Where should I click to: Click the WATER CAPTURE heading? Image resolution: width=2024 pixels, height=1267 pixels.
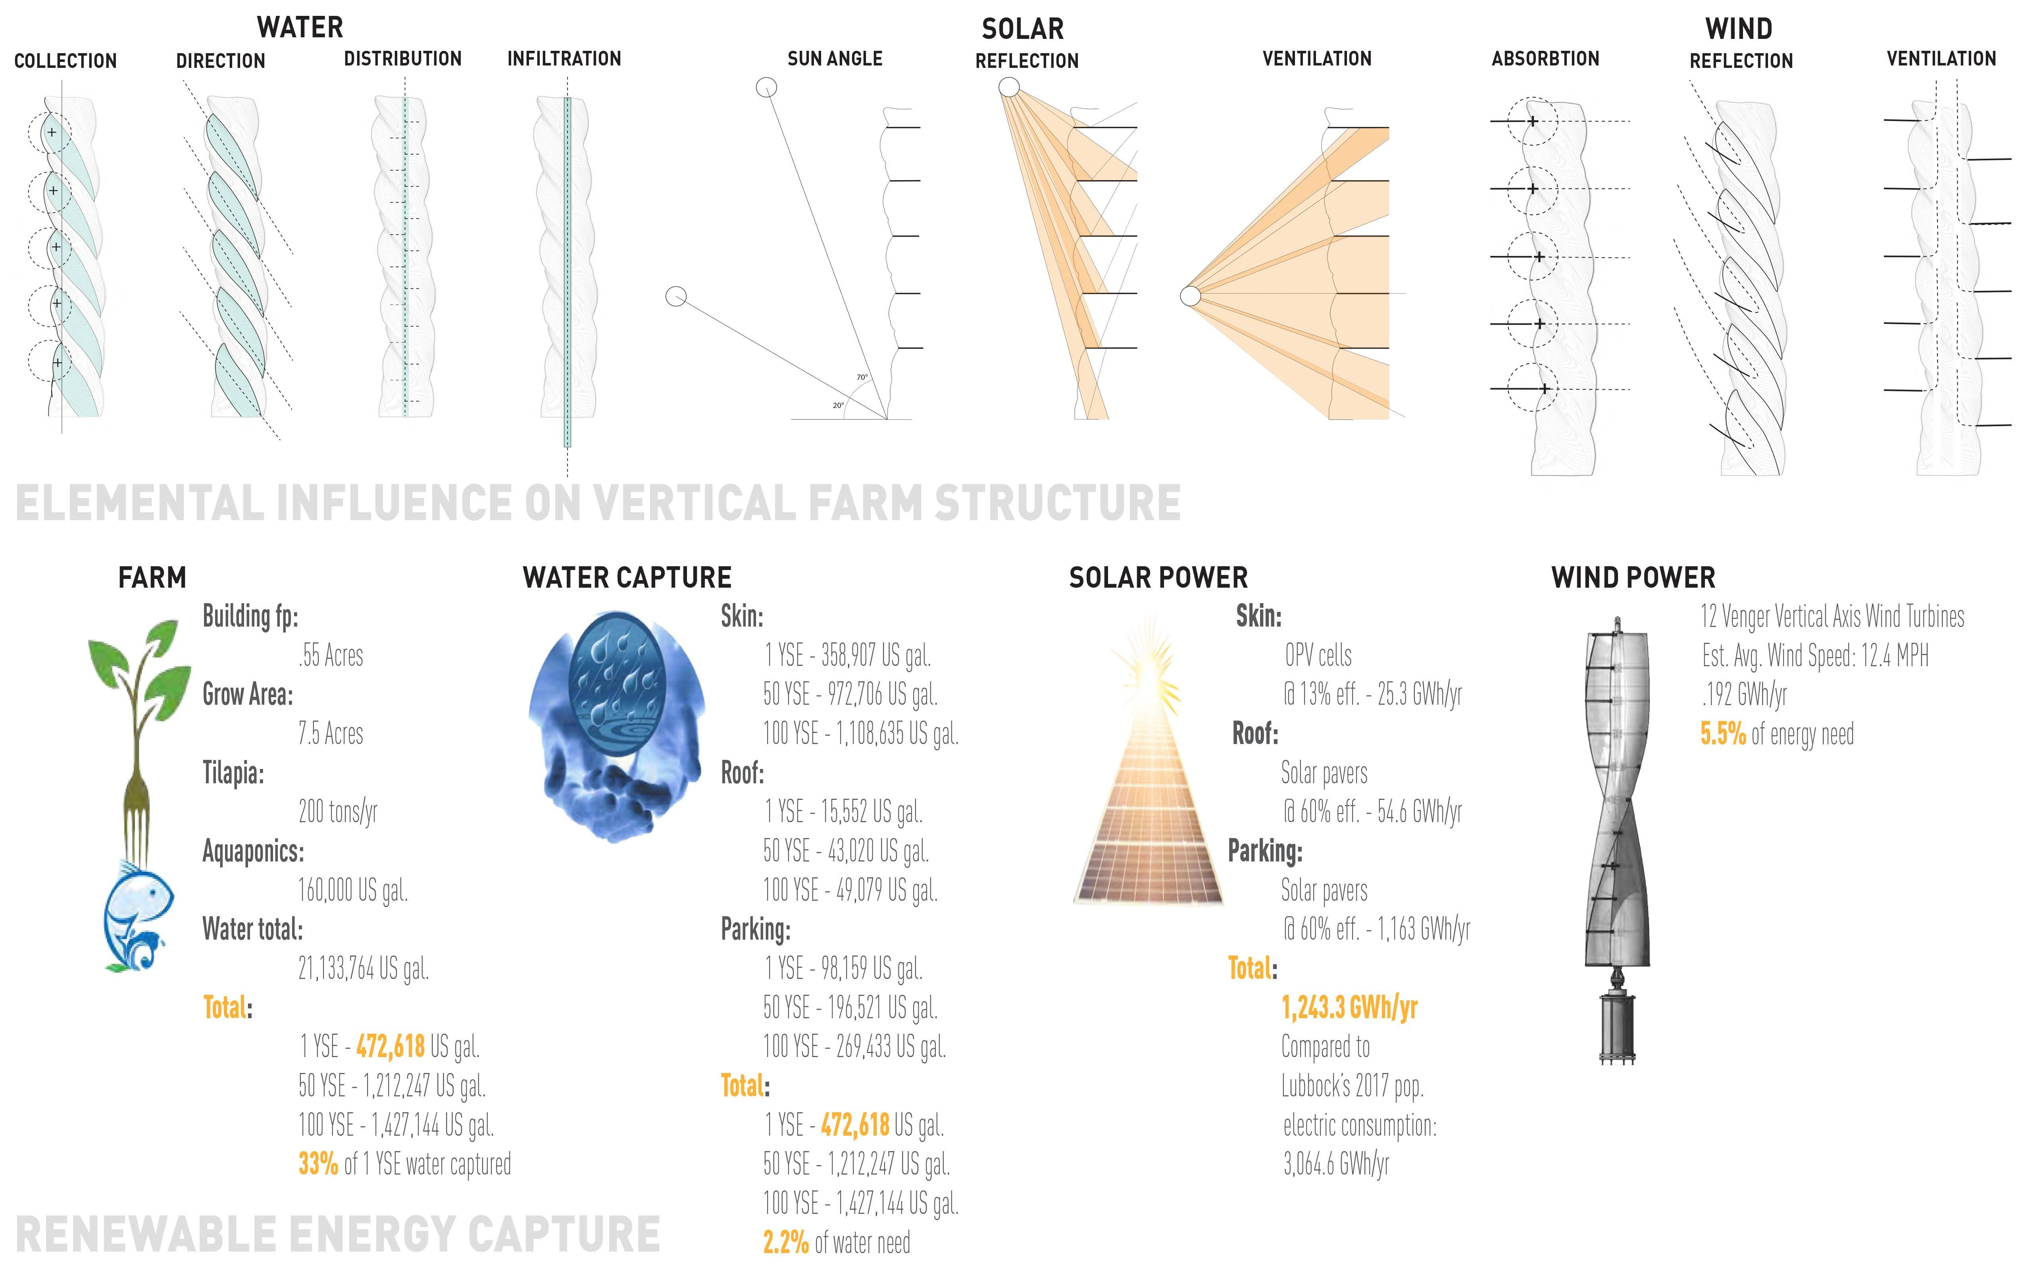pyautogui.click(x=627, y=577)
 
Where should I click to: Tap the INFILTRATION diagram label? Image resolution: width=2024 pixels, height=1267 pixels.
pyautogui.click(x=564, y=59)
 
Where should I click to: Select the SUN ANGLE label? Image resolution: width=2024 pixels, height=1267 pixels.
pyautogui.click(x=835, y=59)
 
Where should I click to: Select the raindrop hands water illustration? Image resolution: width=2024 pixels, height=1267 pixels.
pyautogui.click(x=617, y=725)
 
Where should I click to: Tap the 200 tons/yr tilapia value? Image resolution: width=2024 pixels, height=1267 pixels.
pyautogui.click(x=338, y=811)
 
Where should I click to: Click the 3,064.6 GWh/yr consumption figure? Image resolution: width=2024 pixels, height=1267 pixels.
pyautogui.click(x=1336, y=1164)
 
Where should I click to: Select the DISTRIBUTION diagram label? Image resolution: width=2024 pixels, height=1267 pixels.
pyautogui.click(x=402, y=59)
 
